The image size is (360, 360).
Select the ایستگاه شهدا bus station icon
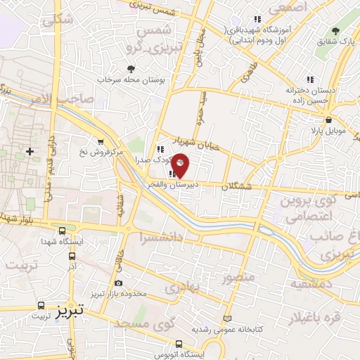(x=63, y=230)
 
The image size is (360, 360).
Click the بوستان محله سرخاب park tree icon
(x=131, y=68)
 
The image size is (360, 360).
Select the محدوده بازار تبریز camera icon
(x=117, y=283)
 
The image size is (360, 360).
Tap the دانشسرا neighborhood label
(x=162, y=237)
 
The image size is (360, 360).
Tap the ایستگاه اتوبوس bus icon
(x=179, y=344)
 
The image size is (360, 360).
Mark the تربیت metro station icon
(x=39, y=306)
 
